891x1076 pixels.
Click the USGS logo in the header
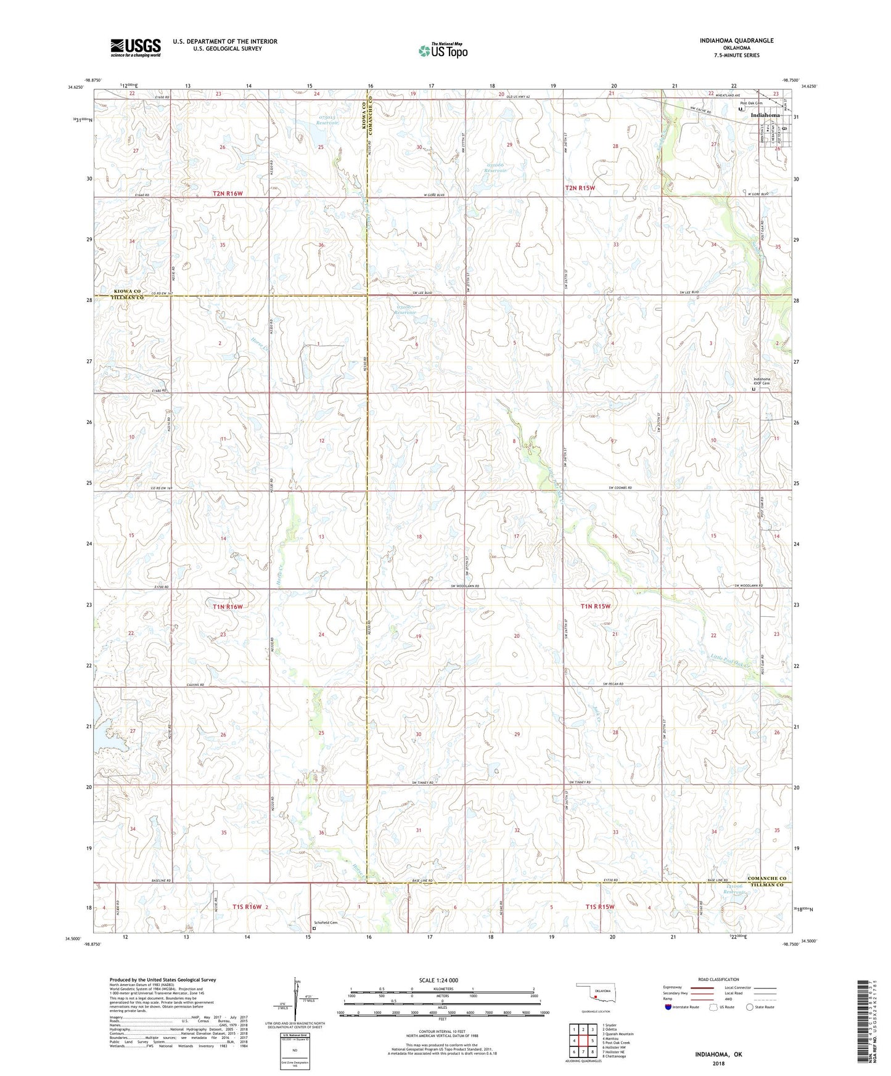(136, 47)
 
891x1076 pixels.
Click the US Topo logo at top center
(442, 50)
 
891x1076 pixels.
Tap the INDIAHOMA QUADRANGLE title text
(736, 41)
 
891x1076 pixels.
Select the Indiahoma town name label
(765, 115)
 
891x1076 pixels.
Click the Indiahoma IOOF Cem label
(762, 381)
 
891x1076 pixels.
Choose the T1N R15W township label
(595, 606)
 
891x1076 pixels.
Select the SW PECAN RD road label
(613, 685)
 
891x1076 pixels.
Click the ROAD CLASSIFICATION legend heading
(718, 979)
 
